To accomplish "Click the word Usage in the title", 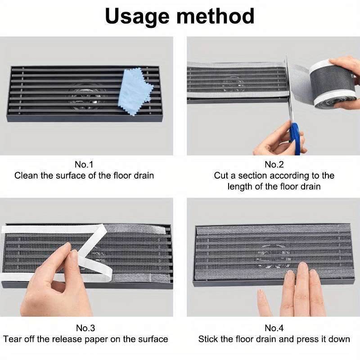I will click(x=137, y=17).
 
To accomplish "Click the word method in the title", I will click(x=216, y=17).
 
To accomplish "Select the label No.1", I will click(x=84, y=164).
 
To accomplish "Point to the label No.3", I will click(x=84, y=328).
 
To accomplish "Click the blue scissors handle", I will click(x=295, y=135).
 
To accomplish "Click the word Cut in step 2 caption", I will click(x=221, y=175).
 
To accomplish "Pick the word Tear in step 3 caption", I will click(x=13, y=339).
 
